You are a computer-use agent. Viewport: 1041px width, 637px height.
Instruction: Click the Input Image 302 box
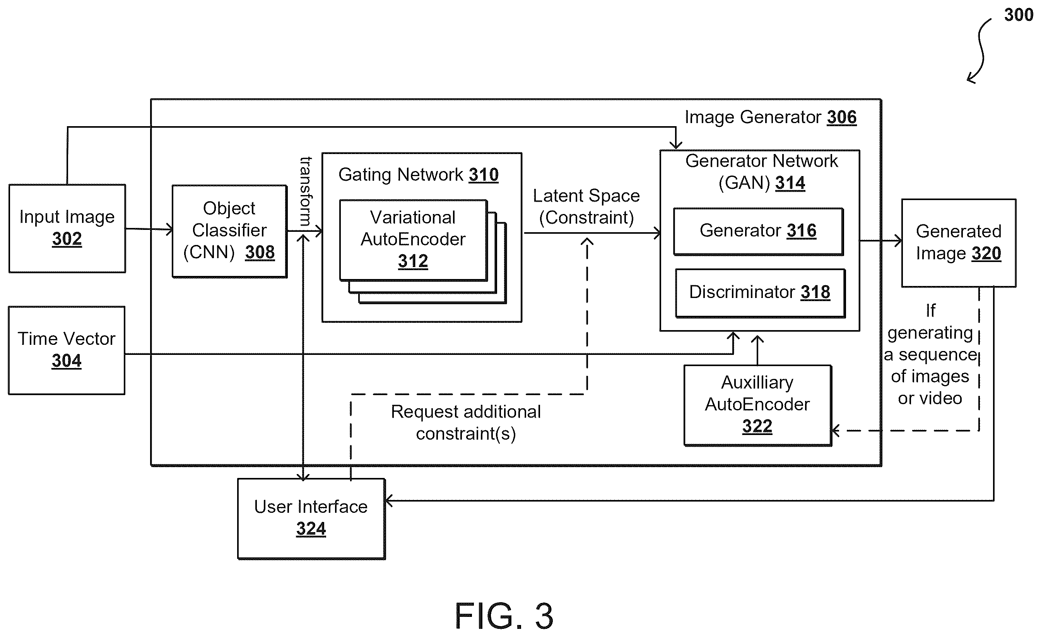[x=67, y=228]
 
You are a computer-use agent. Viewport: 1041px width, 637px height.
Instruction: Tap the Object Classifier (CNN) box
[x=229, y=231]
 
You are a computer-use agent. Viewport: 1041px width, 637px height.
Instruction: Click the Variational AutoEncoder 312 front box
[x=413, y=240]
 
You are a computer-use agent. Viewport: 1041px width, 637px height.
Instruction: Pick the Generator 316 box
[x=758, y=231]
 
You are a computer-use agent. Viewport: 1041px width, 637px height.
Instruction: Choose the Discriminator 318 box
[x=760, y=293]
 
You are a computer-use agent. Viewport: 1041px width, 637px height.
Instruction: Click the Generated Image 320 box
[x=959, y=243]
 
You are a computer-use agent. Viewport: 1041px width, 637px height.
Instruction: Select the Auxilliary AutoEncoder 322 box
[x=758, y=405]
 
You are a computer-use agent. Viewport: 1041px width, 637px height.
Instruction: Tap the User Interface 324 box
[x=311, y=519]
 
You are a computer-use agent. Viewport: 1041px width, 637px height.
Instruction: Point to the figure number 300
[x=1019, y=15]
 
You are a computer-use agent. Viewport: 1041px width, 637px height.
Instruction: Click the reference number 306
[x=842, y=117]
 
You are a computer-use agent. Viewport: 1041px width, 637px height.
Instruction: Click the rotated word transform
[x=306, y=191]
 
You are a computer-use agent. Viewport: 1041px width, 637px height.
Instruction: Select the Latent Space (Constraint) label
[x=586, y=207]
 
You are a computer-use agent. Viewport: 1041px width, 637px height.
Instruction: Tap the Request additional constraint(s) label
[x=466, y=423]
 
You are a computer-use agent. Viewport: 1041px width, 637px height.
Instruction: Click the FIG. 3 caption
[x=504, y=616]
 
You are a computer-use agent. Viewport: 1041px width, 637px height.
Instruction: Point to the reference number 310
[x=484, y=175]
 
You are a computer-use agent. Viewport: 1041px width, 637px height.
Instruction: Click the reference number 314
[x=790, y=183]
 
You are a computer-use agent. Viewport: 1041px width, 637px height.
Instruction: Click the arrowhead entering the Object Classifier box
[x=169, y=229]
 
